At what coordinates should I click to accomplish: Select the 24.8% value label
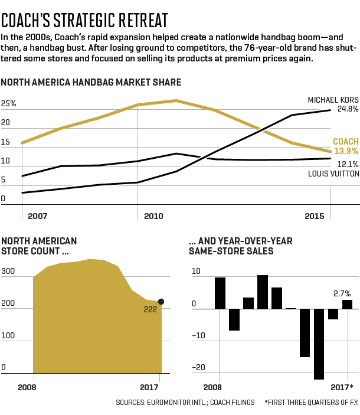pyautogui.click(x=348, y=109)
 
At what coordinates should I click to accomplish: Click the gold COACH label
pyautogui.click(x=345, y=142)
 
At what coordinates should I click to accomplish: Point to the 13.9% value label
pyautogui.click(x=346, y=152)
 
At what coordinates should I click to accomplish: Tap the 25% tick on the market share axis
pyautogui.click(x=9, y=104)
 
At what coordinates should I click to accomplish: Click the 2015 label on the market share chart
pyautogui.click(x=315, y=216)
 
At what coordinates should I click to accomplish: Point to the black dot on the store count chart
pyautogui.click(x=161, y=302)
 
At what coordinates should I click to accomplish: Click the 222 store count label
pyautogui.click(x=150, y=309)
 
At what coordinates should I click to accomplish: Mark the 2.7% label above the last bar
pyautogui.click(x=342, y=293)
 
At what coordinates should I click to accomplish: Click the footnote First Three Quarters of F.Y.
pyautogui.click(x=311, y=402)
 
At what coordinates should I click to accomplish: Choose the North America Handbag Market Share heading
pyautogui.click(x=91, y=82)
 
